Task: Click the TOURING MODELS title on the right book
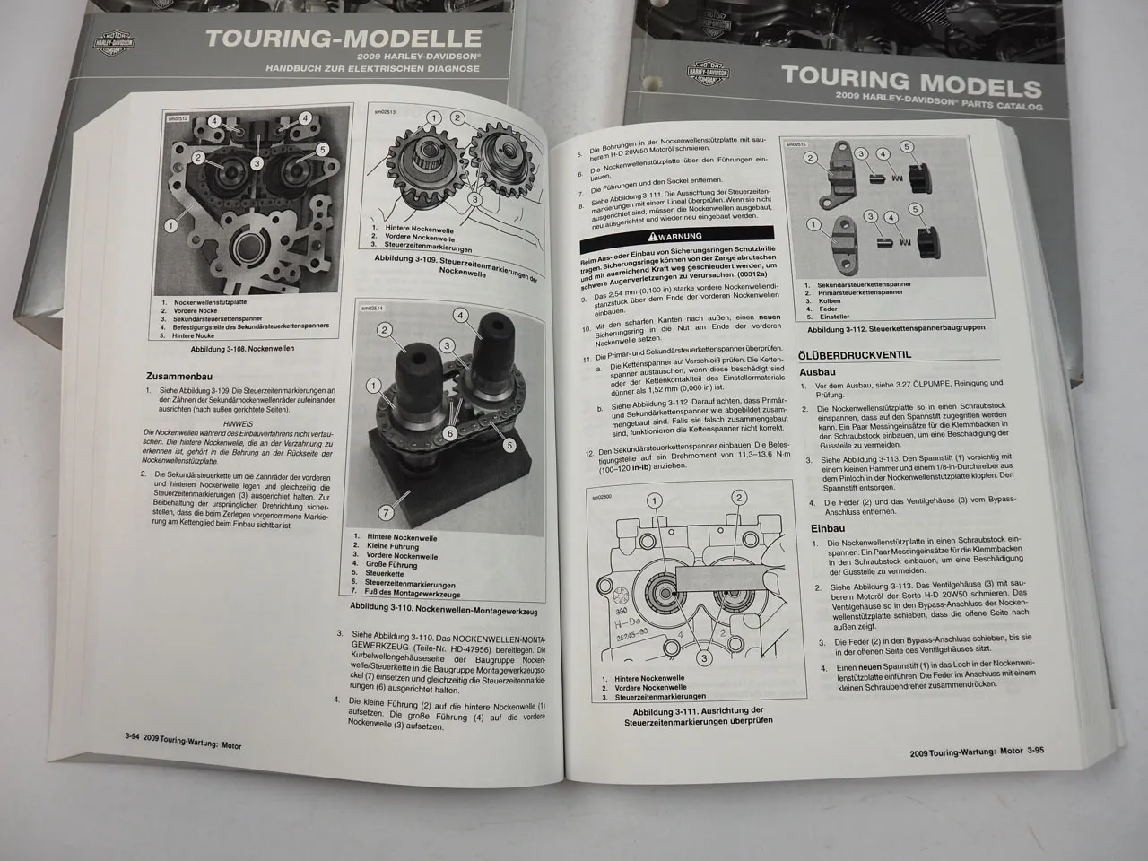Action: tap(911, 80)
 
